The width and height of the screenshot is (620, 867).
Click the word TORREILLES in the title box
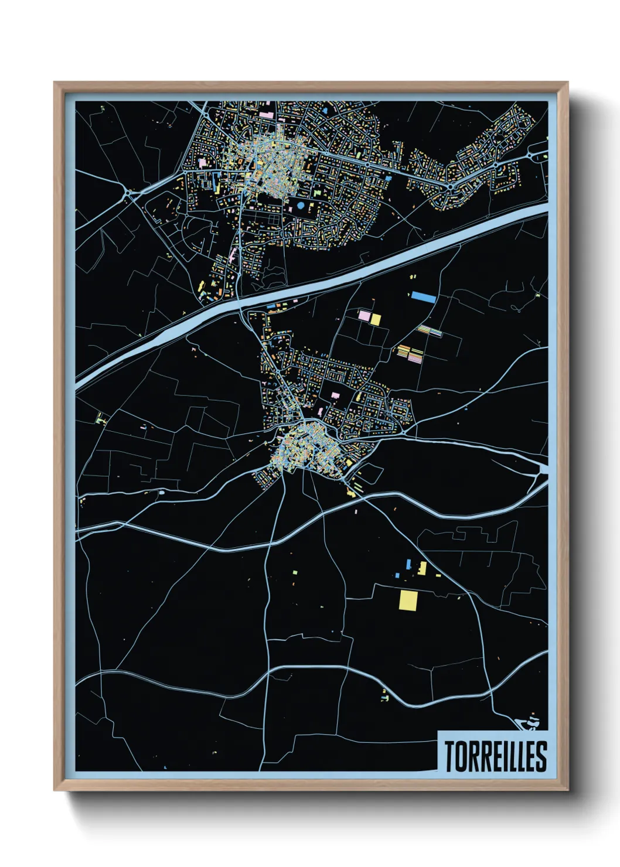pos(495,756)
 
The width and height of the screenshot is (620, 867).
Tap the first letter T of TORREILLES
pos(449,756)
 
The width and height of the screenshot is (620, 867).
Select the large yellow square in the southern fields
pos(408,600)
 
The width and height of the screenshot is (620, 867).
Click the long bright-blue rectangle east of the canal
pos(424,297)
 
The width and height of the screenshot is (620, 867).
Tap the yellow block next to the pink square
pos(376,319)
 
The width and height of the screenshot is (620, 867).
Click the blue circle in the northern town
pos(301,206)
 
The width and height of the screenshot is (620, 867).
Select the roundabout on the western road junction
pos(128,193)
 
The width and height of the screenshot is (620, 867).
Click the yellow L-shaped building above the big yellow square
pos(422,568)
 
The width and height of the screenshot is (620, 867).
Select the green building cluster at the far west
pos(100,418)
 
